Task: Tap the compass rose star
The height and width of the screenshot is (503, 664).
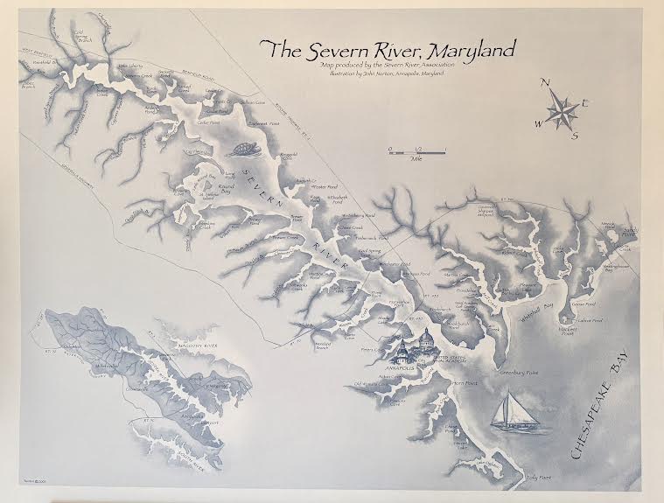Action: pos(561,110)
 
